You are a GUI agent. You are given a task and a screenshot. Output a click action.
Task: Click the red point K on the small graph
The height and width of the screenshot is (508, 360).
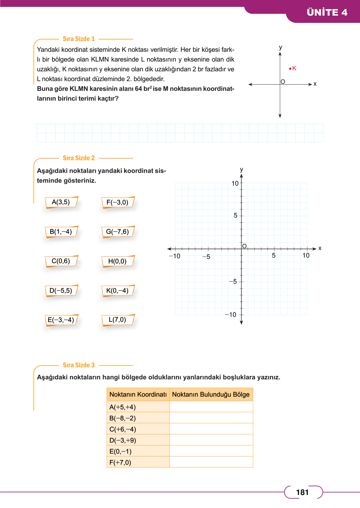point(290,68)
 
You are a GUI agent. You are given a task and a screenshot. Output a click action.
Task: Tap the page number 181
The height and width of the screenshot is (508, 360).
point(302,492)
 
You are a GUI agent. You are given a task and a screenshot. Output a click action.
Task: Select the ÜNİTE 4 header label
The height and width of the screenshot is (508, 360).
point(327,12)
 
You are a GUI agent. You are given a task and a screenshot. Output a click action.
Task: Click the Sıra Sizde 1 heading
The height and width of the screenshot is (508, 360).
point(79,39)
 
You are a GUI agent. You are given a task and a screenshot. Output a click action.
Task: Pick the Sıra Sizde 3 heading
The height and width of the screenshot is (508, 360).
point(79,365)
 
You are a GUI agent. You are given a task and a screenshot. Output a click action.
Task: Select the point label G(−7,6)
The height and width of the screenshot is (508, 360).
point(118,232)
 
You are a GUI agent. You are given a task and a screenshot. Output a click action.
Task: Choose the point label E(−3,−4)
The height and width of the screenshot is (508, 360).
point(61,320)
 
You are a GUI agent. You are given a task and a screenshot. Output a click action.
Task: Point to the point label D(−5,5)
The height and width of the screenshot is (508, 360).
point(61,290)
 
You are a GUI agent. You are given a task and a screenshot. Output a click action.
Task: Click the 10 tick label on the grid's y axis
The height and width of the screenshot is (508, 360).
point(235,183)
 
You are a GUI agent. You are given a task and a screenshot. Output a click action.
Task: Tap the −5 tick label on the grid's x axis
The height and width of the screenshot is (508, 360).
point(206,257)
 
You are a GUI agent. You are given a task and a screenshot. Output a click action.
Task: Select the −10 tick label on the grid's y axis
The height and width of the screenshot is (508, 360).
point(231,315)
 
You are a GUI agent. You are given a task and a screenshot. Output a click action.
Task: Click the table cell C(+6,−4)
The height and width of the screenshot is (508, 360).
point(123,429)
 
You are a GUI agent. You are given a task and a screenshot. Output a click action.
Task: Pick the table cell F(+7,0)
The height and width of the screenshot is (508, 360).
point(120,462)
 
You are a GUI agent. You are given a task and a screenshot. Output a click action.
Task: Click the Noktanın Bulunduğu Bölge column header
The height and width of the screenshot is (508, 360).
point(211,394)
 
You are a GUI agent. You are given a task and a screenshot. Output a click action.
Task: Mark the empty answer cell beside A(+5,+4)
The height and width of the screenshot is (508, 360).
point(211,407)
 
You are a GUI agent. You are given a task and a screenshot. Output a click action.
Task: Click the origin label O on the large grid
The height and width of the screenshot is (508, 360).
point(244,246)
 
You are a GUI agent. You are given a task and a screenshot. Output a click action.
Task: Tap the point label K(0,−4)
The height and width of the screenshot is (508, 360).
point(118,290)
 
